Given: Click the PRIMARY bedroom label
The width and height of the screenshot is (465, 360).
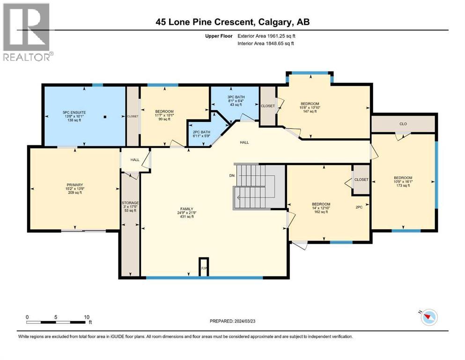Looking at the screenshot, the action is point(75,185).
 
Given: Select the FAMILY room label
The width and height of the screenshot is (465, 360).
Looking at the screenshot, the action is point(187,209).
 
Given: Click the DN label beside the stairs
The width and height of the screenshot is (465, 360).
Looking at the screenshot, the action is point(232,175).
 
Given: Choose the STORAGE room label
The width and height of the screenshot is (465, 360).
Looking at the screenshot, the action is point(130,203).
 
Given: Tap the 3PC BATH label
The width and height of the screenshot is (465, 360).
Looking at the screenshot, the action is point(236,97).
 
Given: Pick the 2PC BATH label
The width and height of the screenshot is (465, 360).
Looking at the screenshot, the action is point(201,132).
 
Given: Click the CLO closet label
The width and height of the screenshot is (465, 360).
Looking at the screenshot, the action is point(403,124).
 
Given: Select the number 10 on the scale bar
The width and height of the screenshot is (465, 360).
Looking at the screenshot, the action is point(87,317).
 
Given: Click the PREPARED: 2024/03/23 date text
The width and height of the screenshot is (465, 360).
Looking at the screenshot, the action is point(232,321).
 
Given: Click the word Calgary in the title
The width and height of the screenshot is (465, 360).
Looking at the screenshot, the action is point(274,22).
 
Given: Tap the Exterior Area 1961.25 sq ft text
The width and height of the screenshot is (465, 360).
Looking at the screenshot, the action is point(266,36).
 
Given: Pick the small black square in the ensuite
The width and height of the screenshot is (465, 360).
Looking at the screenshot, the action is point(105,117).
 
